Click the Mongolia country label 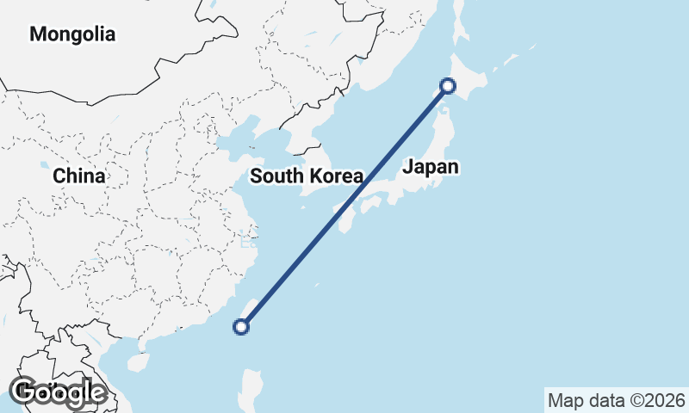pos(72,34)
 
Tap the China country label pos(78,176)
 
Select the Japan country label pos(430,167)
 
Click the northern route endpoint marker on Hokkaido pos(448,85)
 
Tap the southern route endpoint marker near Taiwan pos(241,326)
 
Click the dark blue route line pos(344,206)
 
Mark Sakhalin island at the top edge pos(458,22)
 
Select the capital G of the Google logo pos(23,391)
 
